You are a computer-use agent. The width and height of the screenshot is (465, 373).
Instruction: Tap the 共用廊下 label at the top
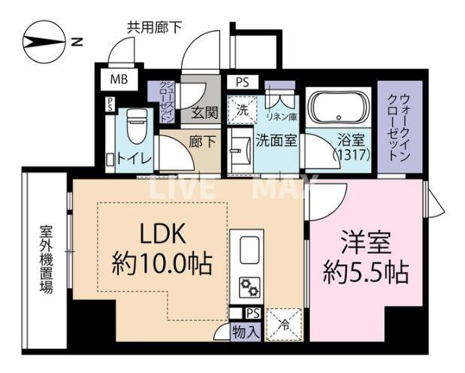click(155, 28)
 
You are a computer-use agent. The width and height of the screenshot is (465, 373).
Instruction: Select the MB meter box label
click(119, 78)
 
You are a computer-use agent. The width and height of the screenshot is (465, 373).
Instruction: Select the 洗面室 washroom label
click(276, 139)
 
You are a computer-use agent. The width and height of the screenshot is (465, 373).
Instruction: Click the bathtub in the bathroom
click(339, 110)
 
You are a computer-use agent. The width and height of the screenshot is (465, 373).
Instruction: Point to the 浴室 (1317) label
click(347, 147)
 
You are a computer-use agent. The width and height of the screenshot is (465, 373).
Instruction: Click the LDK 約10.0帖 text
click(162, 248)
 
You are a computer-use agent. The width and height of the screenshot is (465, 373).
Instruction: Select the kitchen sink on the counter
click(249, 247)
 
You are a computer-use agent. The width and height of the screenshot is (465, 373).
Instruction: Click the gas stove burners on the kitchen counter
click(249, 286)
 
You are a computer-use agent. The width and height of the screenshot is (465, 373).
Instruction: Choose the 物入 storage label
click(246, 330)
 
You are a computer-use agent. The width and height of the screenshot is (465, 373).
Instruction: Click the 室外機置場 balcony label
click(46, 259)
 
